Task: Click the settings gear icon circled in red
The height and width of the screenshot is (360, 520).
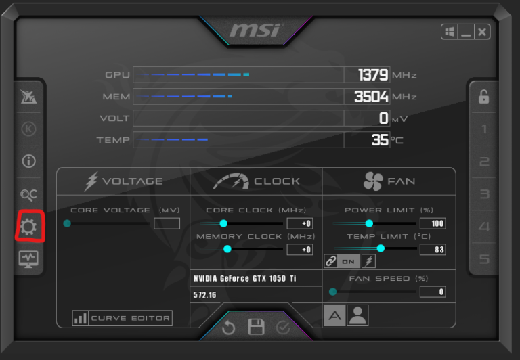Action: pyautogui.click(x=28, y=227)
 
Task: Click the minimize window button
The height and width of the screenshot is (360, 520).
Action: pyautogui.click(x=466, y=32)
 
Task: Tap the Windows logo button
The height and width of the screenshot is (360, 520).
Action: pyautogui.click(x=450, y=32)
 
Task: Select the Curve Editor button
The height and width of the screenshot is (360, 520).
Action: pyautogui.click(x=122, y=318)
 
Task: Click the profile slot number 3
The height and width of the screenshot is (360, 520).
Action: pyautogui.click(x=484, y=194)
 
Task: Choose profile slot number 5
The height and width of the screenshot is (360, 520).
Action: pyautogui.click(x=484, y=259)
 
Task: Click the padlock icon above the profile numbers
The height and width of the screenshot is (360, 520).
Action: pyautogui.click(x=484, y=97)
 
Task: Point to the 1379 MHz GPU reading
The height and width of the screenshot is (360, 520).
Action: pyautogui.click(x=373, y=74)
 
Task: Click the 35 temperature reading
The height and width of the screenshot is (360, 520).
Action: pyautogui.click(x=380, y=139)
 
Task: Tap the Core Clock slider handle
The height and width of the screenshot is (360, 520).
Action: pyautogui.click(x=223, y=223)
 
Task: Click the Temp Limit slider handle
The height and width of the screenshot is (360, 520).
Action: pyautogui.click(x=381, y=248)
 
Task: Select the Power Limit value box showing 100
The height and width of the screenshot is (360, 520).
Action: pyautogui.click(x=433, y=223)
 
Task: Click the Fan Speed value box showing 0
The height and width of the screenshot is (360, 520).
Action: pyautogui.click(x=433, y=292)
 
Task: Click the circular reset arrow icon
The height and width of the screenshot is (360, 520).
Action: pyautogui.click(x=228, y=328)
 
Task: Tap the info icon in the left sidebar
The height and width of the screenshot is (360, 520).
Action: pyautogui.click(x=28, y=162)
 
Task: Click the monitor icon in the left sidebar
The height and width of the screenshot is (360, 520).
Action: pyautogui.click(x=28, y=259)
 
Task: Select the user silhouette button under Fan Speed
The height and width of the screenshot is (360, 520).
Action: pyautogui.click(x=357, y=315)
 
